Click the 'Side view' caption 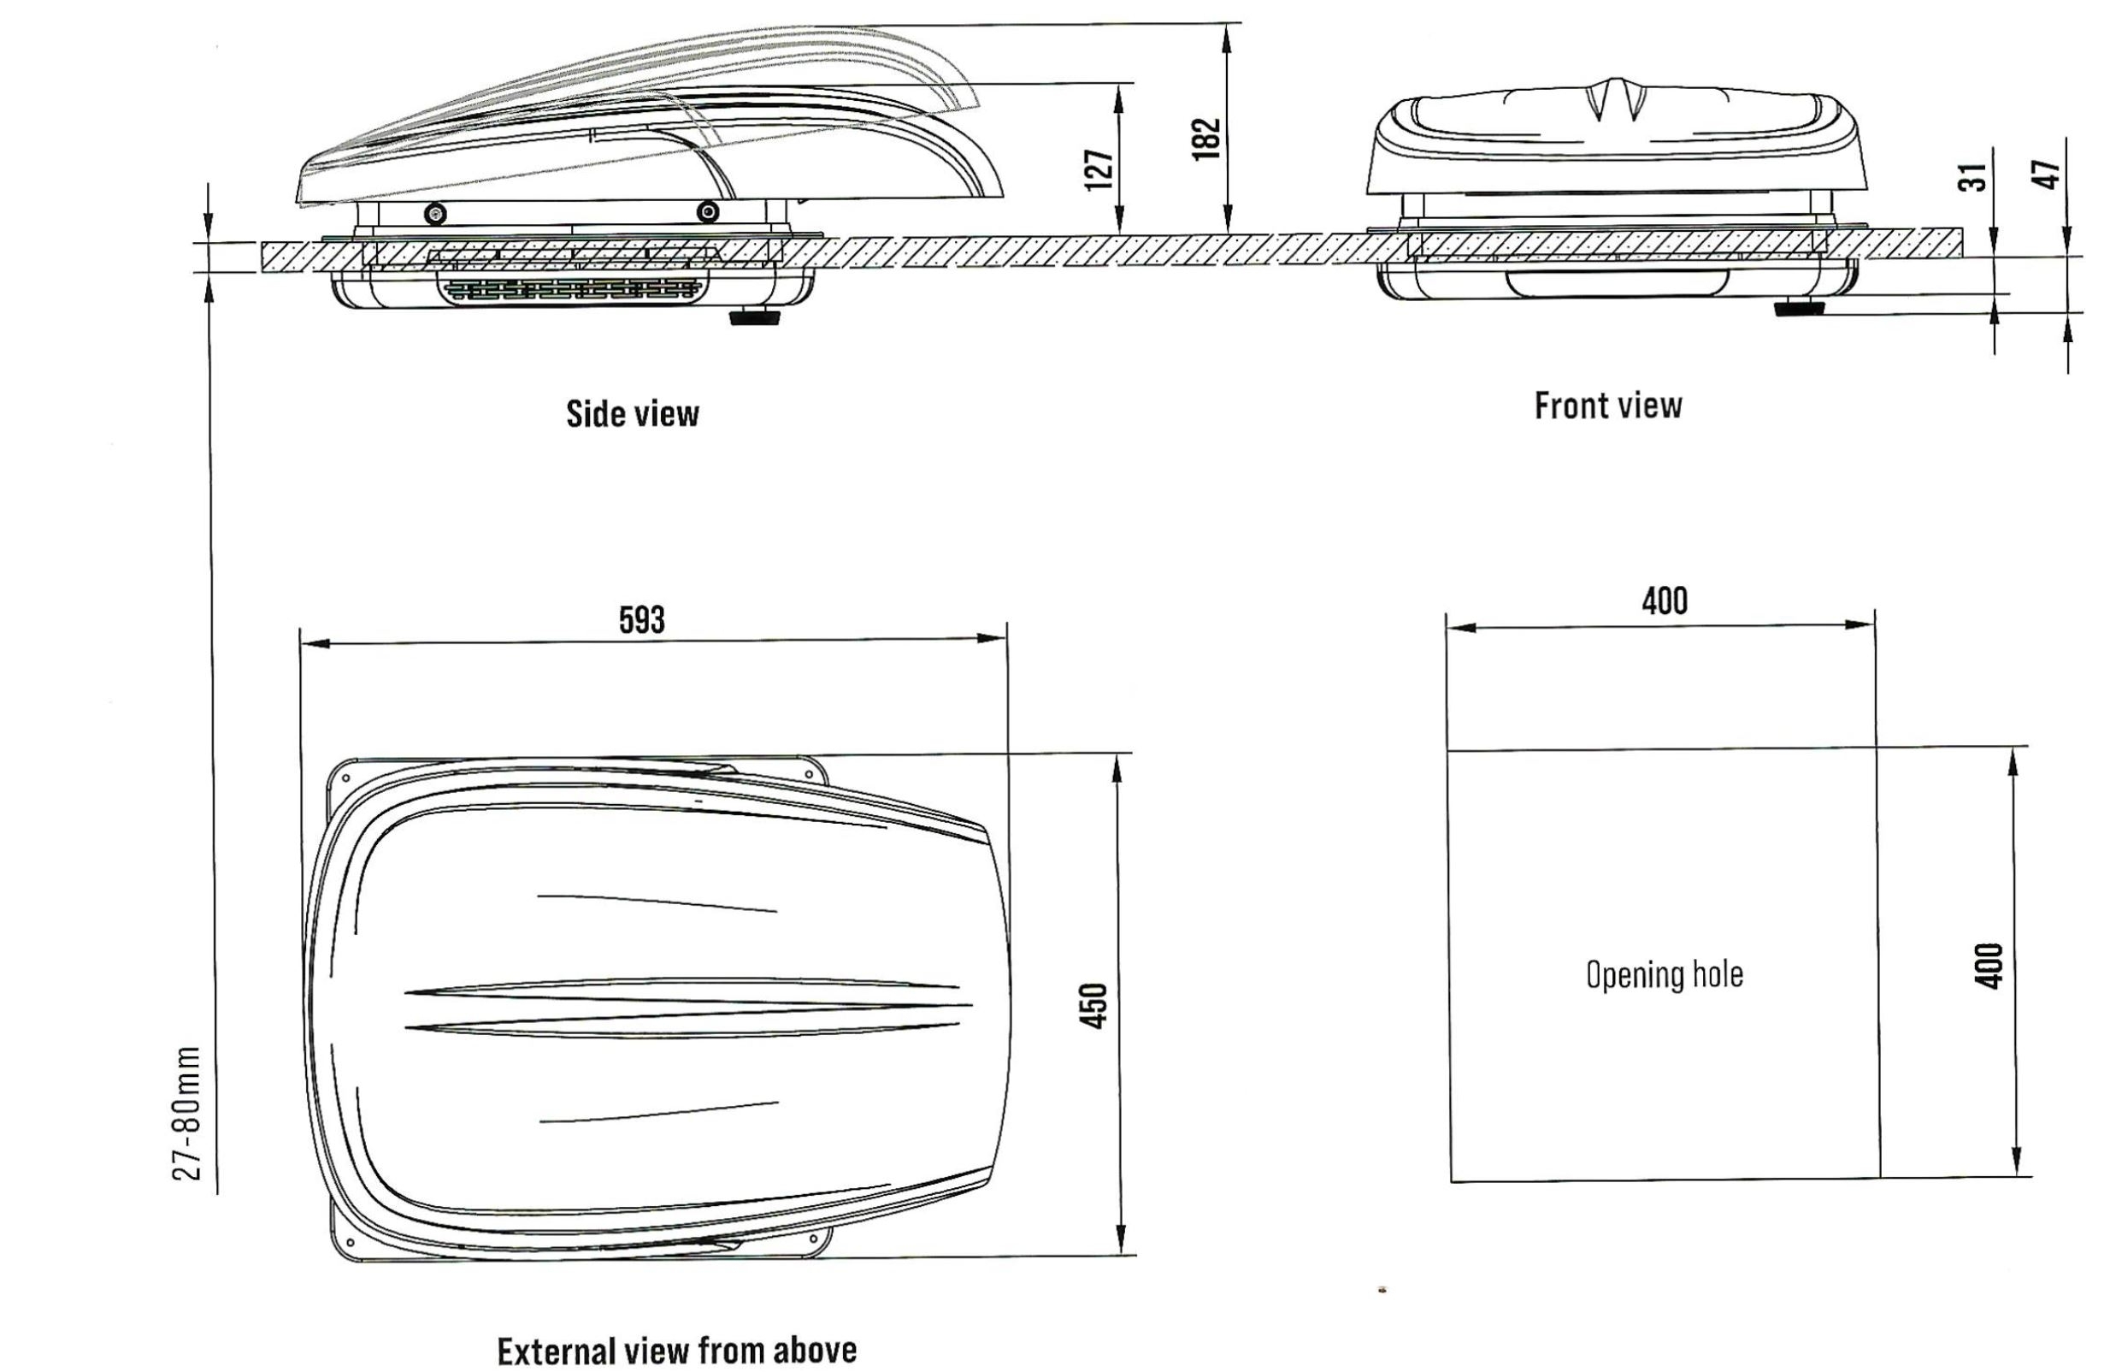(632, 414)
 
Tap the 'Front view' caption (1608, 405)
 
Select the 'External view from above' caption (676, 1351)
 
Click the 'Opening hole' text (1664, 974)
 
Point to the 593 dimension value (641, 619)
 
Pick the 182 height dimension (1206, 139)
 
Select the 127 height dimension (1099, 169)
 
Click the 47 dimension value (2046, 174)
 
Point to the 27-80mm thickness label (187, 1114)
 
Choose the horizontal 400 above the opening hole (1664, 601)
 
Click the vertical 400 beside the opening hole (1990, 966)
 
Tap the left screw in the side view (435, 212)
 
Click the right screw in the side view (706, 211)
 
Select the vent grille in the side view (572, 289)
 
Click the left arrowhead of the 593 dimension (315, 642)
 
